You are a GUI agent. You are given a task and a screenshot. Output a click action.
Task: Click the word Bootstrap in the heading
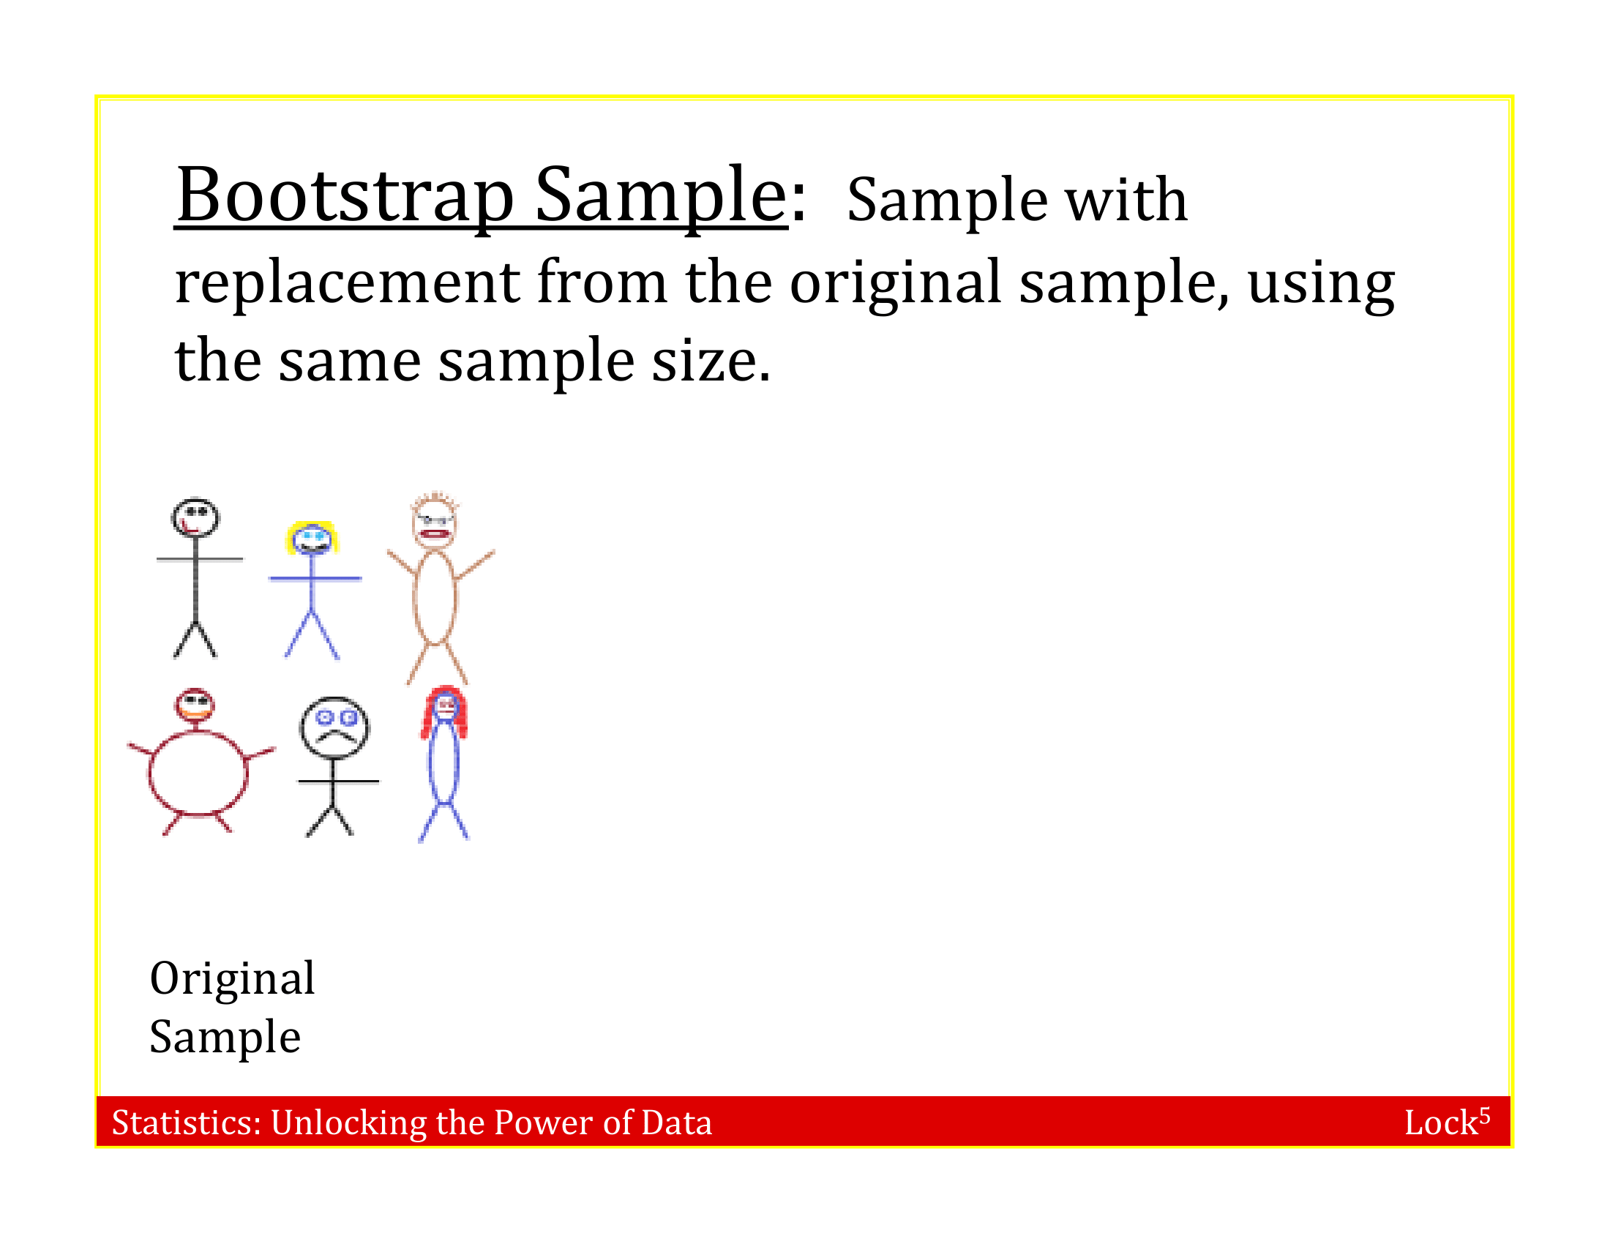(x=345, y=195)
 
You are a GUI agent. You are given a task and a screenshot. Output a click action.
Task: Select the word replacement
(x=347, y=282)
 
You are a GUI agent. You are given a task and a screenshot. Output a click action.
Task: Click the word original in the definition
(x=895, y=282)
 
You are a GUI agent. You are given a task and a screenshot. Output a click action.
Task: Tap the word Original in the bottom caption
(x=232, y=978)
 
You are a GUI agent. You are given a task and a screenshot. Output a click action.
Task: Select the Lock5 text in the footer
(x=1445, y=1123)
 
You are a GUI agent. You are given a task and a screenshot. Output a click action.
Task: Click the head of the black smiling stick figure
(x=195, y=517)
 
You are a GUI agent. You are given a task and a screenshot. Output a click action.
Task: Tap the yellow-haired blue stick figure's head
(x=312, y=539)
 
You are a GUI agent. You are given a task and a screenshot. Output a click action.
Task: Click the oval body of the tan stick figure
(x=435, y=597)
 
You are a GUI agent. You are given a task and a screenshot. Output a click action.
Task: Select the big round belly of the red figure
(x=198, y=773)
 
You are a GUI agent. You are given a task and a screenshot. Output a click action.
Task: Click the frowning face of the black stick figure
(x=334, y=727)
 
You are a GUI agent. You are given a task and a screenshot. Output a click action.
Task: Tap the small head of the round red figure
(x=195, y=705)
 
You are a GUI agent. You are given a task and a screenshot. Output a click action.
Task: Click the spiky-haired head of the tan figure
(x=434, y=520)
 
